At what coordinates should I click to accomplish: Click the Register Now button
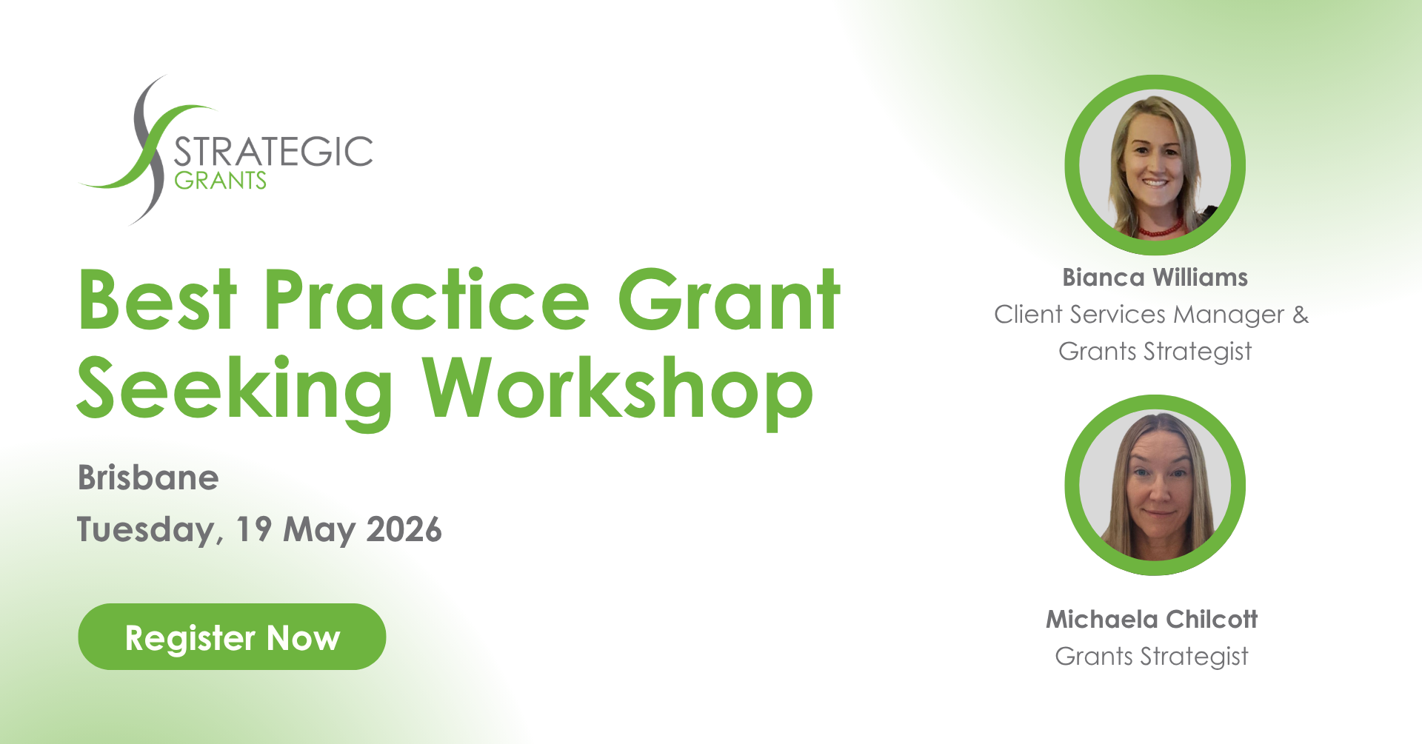tap(232, 637)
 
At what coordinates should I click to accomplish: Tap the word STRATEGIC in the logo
tap(273, 152)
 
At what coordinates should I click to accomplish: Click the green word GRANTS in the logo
tap(220, 181)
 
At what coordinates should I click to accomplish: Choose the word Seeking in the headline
tap(235, 390)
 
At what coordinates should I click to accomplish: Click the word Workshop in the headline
tap(618, 390)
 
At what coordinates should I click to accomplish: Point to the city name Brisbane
tap(148, 477)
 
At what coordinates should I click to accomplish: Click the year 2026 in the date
tap(404, 529)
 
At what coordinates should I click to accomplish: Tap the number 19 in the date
tap(254, 529)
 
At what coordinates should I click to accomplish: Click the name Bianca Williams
tap(1155, 278)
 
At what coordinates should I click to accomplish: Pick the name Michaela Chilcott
tap(1152, 619)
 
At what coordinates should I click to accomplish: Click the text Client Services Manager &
tap(1152, 315)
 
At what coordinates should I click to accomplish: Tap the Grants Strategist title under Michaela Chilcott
tap(1152, 657)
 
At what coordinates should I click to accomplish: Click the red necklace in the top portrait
tap(1160, 229)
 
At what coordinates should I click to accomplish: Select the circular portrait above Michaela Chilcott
tap(1155, 485)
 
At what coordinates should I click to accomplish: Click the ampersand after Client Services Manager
tap(1301, 314)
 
